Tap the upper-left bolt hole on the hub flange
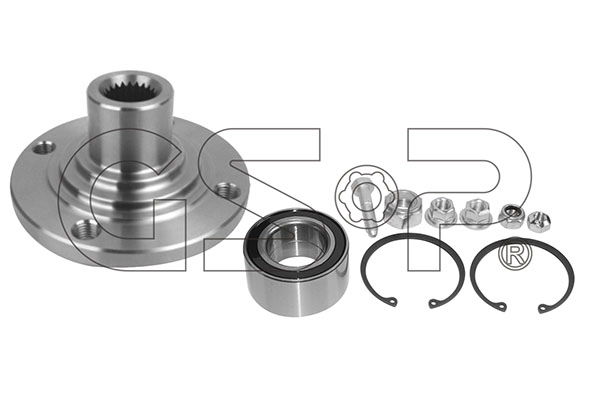(x=44, y=147)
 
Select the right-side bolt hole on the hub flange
(x=227, y=189)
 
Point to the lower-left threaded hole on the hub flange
(x=86, y=228)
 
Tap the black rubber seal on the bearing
(x=296, y=244)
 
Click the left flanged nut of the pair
(x=439, y=213)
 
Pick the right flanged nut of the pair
(x=474, y=213)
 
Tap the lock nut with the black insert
(x=511, y=216)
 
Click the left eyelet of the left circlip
(x=392, y=302)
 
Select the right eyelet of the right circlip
(x=543, y=308)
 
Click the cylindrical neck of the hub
(x=130, y=132)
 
